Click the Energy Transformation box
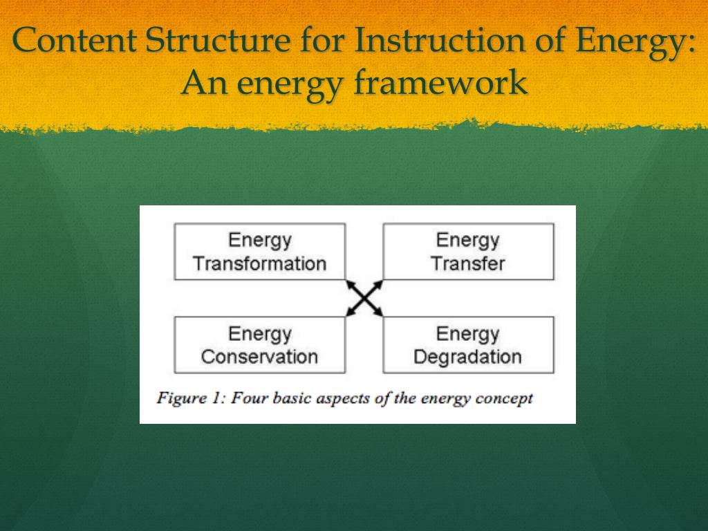point(259,252)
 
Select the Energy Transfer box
point(468,252)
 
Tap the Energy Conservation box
point(259,345)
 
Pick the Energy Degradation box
point(468,345)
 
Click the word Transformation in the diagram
point(259,263)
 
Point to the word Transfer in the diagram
point(468,263)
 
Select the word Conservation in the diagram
point(259,357)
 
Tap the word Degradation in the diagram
point(467,357)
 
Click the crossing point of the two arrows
point(364,299)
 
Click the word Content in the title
point(74,40)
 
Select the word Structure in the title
point(218,40)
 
